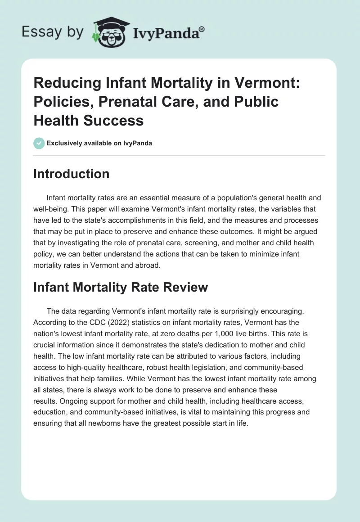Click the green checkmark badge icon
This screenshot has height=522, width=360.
click(39, 143)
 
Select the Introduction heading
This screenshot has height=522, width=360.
click(71, 174)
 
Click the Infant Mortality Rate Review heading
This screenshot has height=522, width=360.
click(121, 287)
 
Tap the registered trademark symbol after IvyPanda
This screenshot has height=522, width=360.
click(202, 29)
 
